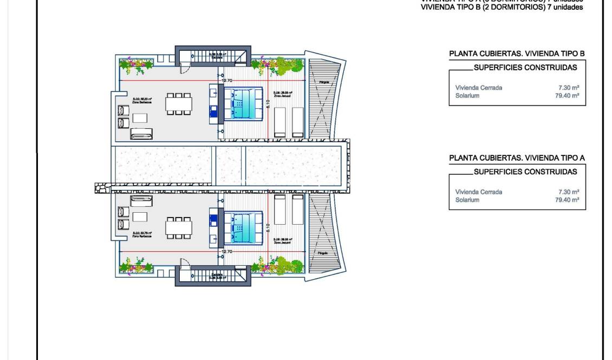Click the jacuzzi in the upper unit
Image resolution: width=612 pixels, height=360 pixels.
(243, 103)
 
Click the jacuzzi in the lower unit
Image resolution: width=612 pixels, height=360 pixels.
(243, 227)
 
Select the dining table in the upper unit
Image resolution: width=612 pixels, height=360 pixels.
(179, 103)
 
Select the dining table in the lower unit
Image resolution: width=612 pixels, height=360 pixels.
(179, 227)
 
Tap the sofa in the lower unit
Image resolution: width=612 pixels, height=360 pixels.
(142, 200)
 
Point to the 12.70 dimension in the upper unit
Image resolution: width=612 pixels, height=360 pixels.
(227, 81)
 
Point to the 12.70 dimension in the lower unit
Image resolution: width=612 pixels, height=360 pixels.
(227, 251)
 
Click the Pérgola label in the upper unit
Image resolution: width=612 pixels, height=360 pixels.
(324, 82)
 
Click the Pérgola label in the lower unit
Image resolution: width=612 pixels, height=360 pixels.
(323, 253)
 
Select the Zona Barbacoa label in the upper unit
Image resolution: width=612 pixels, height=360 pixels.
(142, 101)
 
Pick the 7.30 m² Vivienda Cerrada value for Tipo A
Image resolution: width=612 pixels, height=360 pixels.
(569, 192)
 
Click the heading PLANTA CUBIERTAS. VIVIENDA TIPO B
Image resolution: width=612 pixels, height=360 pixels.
(517, 54)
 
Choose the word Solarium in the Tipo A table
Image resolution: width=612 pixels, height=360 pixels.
(467, 200)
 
